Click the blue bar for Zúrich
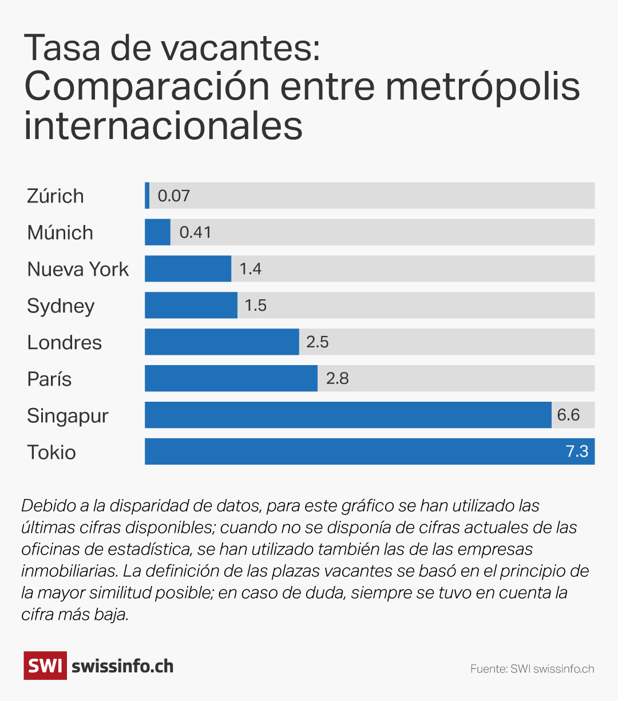[x=147, y=196]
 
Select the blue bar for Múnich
[x=157, y=232]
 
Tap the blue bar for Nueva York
[x=188, y=269]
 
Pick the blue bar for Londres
[x=221, y=342]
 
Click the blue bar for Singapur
[x=348, y=415]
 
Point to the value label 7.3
[x=577, y=452]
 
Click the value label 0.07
[x=173, y=196]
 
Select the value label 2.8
[x=337, y=379]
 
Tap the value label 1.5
[x=255, y=306]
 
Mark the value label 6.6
[x=568, y=415]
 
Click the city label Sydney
[x=61, y=306]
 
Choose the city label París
[x=49, y=379]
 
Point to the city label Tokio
[x=51, y=452]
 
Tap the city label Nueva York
[x=78, y=269]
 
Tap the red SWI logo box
[x=45, y=666]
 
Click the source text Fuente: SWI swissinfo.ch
[x=532, y=669]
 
